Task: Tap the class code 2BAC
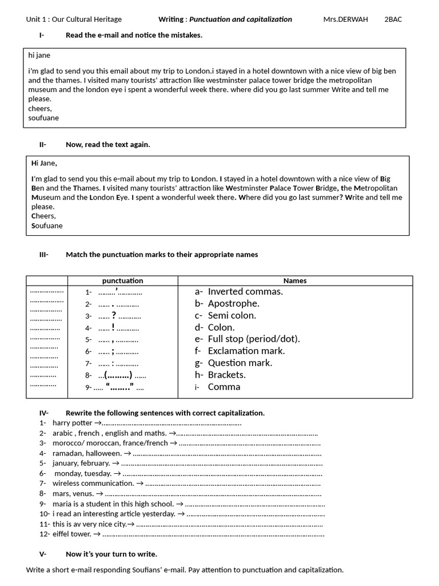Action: [x=393, y=19]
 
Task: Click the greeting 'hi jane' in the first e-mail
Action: [x=43, y=56]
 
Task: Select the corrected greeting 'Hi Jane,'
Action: [x=44, y=163]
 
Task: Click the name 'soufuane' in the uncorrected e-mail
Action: [x=43, y=118]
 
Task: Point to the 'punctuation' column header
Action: [x=122, y=280]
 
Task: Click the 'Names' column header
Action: [x=295, y=280]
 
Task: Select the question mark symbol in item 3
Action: [x=114, y=315]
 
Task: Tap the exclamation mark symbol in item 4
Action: [x=114, y=327]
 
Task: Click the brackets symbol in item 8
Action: [x=118, y=375]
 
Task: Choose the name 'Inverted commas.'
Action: [x=245, y=292]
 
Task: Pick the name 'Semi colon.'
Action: [x=232, y=315]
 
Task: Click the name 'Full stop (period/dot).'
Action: [x=254, y=339]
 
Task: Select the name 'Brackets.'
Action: [x=226, y=375]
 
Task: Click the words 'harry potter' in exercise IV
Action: [x=72, y=423]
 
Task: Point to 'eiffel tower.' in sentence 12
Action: [x=71, y=534]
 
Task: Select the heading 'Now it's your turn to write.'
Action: [x=111, y=554]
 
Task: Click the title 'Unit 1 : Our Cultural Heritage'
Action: [x=74, y=19]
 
